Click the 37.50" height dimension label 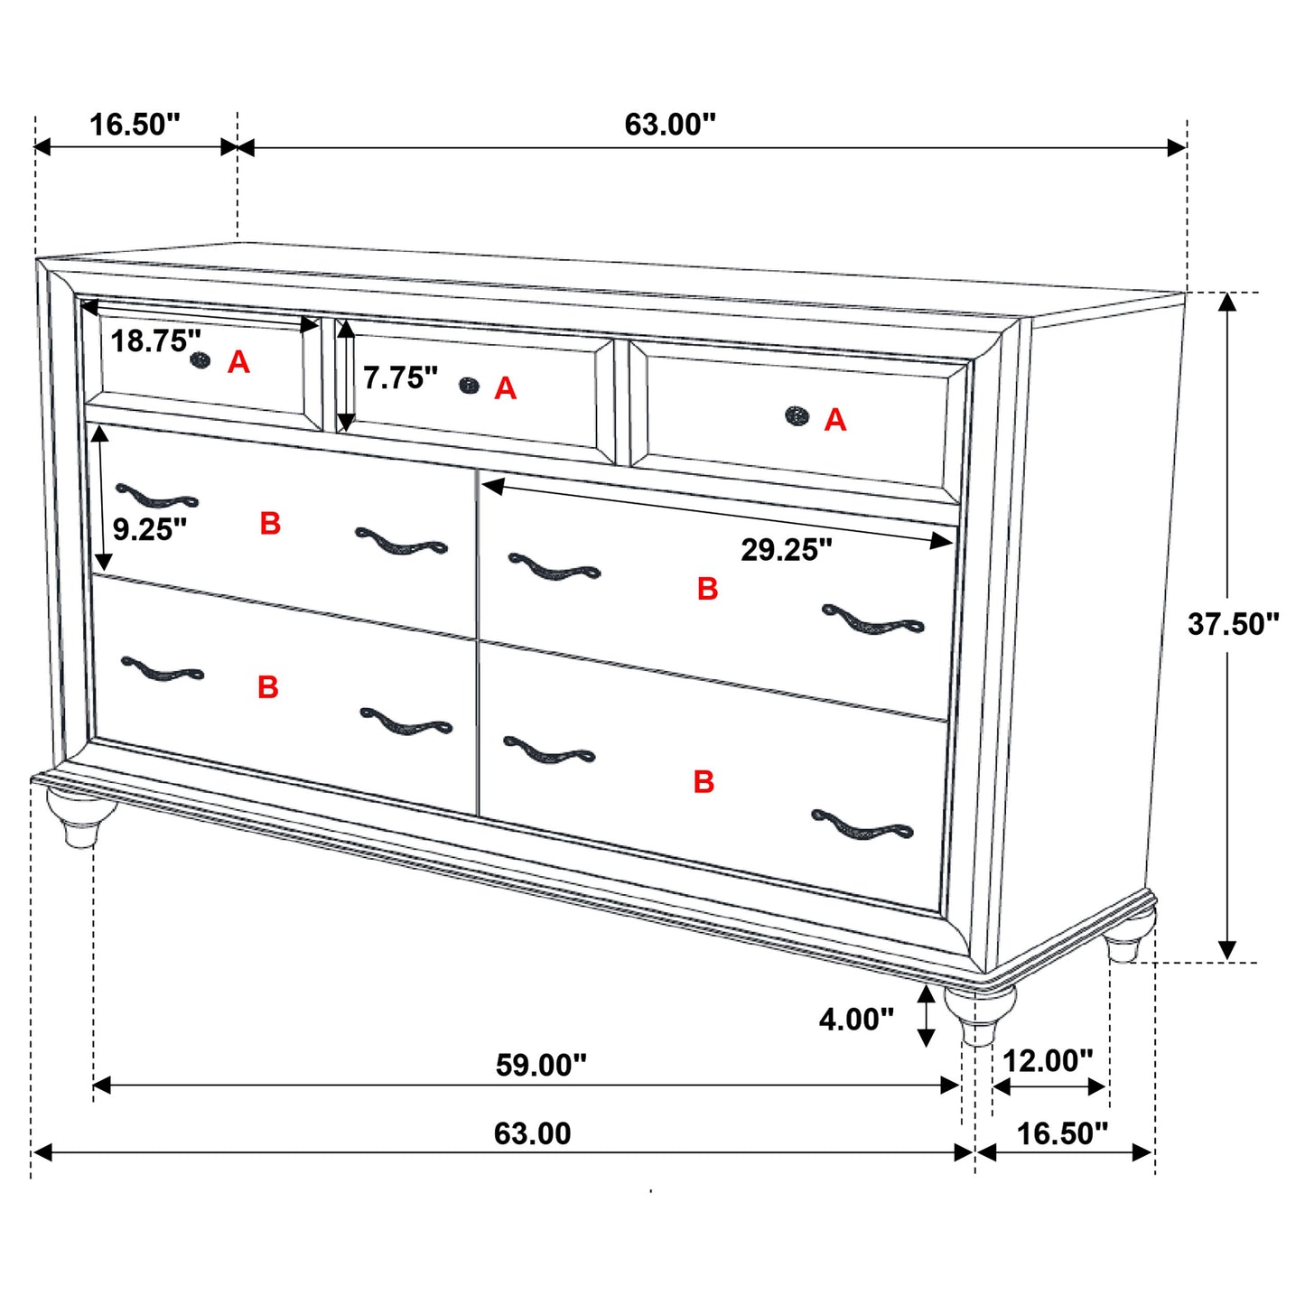1233,624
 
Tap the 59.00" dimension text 541,1065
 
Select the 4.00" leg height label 856,1020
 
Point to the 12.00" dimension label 1048,1060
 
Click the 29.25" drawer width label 787,549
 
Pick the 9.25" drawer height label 150,529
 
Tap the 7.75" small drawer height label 400,378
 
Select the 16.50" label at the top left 135,125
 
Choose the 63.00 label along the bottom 532,1133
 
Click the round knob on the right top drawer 797,415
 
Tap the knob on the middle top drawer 469,386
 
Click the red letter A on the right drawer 835,420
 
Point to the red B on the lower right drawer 704,782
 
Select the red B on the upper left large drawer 270,524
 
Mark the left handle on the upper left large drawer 156,497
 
